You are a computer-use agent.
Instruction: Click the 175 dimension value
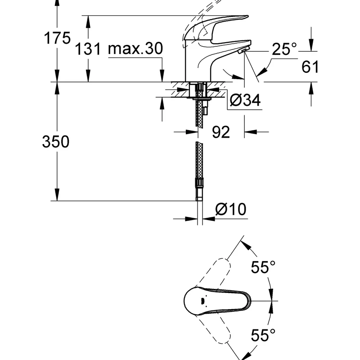57,38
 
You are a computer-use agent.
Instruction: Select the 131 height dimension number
88,49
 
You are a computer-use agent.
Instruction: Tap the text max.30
135,49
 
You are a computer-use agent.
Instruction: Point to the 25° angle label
284,49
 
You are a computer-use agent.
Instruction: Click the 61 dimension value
310,67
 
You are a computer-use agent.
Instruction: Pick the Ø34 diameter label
245,100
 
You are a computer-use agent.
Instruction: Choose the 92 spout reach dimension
220,132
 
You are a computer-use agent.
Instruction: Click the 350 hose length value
56,141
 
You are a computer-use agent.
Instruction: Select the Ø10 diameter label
231,209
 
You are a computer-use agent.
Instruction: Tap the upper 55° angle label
263,267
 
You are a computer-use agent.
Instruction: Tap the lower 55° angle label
263,335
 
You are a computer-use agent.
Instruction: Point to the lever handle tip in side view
247,16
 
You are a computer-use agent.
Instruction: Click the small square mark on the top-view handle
202,300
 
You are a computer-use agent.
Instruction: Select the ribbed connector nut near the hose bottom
199,183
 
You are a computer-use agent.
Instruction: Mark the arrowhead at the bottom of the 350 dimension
57,195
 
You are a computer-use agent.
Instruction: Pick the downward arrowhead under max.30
162,76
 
